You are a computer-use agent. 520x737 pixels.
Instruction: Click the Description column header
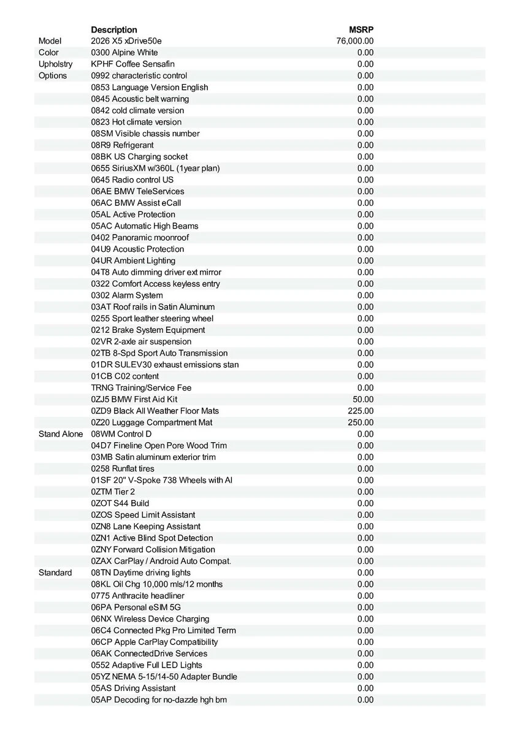coord(114,29)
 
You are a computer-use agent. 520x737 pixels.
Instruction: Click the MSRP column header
coord(361,29)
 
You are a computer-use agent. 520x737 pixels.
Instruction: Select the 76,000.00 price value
coord(355,41)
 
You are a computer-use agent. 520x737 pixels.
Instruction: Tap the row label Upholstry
coord(55,64)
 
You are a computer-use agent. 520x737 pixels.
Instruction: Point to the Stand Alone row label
coord(60,434)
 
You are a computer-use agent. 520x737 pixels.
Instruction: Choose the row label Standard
coord(55,572)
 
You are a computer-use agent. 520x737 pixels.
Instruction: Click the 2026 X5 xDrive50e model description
coord(126,41)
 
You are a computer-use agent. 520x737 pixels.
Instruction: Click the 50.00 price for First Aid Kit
coord(362,399)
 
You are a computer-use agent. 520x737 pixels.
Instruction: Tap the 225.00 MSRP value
coord(361,411)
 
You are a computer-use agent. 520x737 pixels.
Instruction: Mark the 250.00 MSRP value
coord(361,423)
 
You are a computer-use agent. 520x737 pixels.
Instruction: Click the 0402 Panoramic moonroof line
coord(140,238)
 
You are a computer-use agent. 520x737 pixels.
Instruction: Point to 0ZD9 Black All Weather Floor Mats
coord(155,411)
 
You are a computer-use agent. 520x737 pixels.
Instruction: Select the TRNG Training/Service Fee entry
coord(141,388)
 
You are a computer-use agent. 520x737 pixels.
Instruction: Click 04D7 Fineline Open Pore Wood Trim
coord(159,445)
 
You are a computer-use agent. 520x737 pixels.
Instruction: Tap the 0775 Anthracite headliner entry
coord(137,596)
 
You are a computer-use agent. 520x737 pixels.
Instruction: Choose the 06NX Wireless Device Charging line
coord(150,618)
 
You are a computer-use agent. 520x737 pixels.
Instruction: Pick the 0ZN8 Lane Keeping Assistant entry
coord(145,526)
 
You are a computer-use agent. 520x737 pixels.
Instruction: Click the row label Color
coord(48,53)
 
